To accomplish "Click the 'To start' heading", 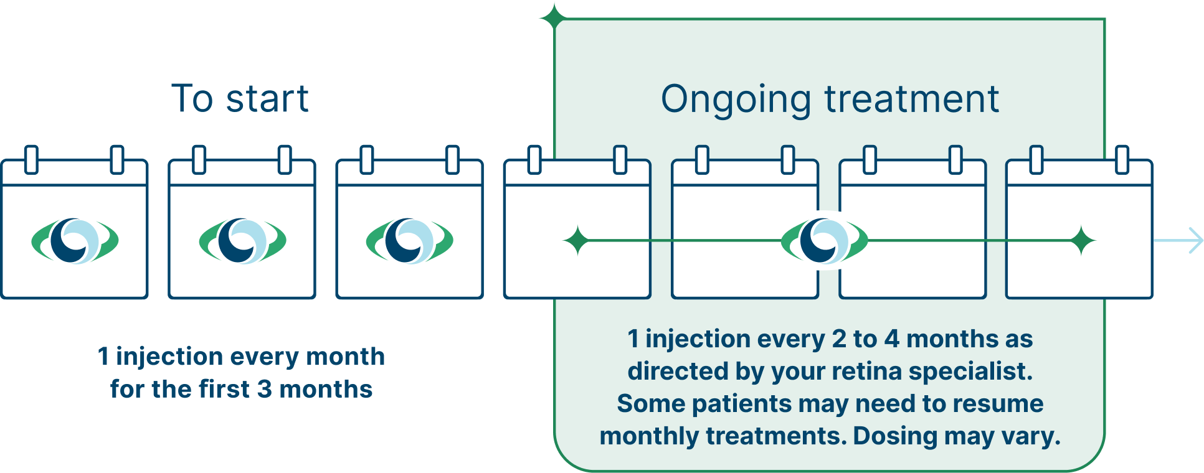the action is [x=240, y=98].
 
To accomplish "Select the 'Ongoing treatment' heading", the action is [x=830, y=100].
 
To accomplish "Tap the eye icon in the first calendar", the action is [x=75, y=241].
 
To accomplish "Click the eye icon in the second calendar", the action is [x=242, y=241].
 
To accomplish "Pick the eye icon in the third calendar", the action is [x=409, y=241].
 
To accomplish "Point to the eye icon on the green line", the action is [x=824, y=241].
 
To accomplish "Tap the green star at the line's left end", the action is [x=577, y=241].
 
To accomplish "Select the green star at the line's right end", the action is [x=1083, y=241].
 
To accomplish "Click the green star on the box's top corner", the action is [x=554, y=18].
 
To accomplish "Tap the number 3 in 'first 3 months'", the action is [x=264, y=390].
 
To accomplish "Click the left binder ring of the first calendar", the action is [x=31, y=159].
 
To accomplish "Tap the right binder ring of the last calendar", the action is [x=1122, y=159].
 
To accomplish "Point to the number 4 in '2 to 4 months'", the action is [x=892, y=339].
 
